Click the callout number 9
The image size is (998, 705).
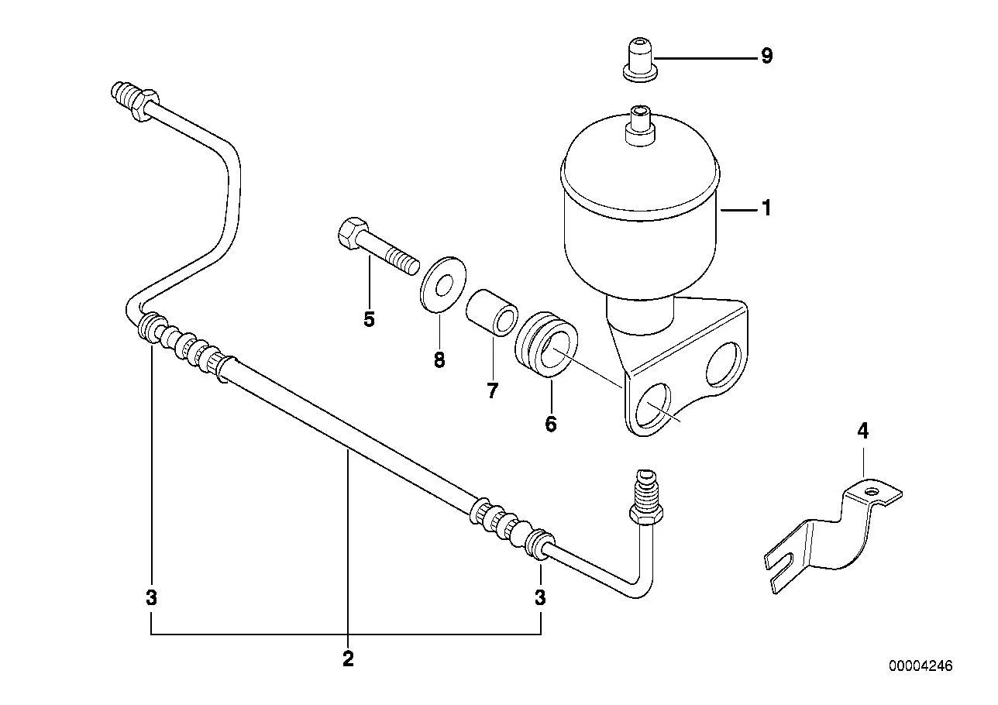pos(766,57)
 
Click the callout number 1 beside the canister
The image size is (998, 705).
pos(766,208)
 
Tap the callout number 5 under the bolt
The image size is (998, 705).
pos(369,319)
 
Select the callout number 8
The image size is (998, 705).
pos(439,359)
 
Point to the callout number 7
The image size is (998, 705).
pos(492,391)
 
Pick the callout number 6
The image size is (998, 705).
pos(551,424)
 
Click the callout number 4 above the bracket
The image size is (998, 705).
pos(863,431)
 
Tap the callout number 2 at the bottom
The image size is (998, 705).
pos(348,659)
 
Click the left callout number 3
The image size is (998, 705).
pos(152,597)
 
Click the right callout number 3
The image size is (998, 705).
pos(540,597)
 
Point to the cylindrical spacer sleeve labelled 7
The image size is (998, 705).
pos(492,313)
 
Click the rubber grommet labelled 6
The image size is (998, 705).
pos(546,344)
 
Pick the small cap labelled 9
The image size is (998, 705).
pos(640,60)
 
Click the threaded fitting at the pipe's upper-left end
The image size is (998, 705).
pos(133,100)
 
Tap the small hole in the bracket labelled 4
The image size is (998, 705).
pos(873,492)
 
